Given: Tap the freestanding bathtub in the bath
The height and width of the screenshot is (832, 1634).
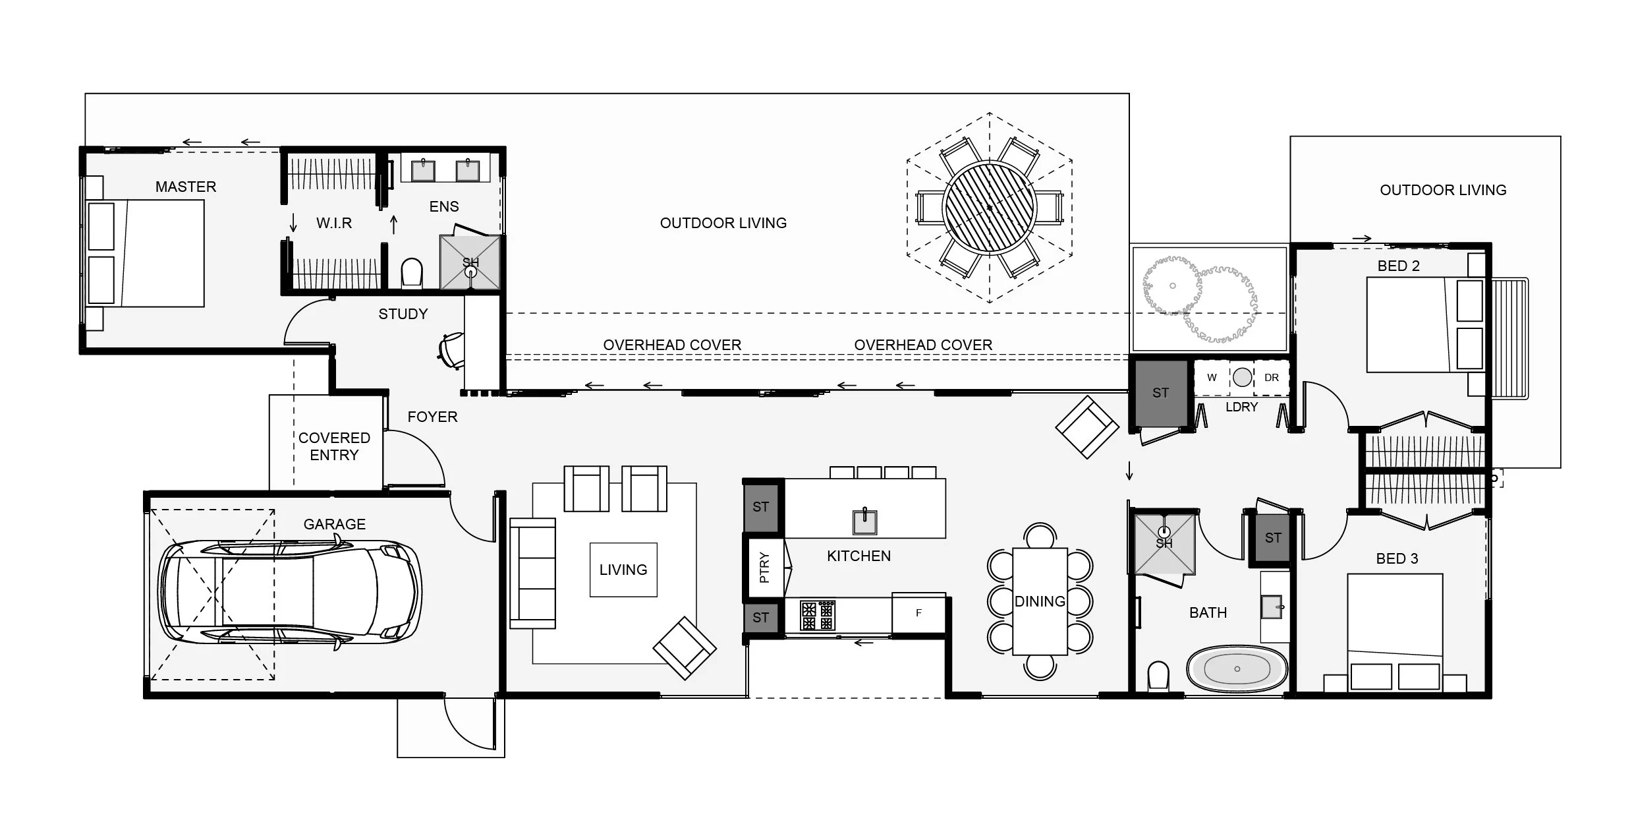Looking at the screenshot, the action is click(1237, 669).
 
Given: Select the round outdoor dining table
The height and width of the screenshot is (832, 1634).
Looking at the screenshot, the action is click(990, 207).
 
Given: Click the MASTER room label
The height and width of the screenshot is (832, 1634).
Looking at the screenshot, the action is click(186, 187).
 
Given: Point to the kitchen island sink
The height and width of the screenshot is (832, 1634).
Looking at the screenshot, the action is click(864, 521).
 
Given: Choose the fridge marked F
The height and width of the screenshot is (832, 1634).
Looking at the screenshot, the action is click(918, 613).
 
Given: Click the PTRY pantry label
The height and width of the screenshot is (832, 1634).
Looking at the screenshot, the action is click(764, 567).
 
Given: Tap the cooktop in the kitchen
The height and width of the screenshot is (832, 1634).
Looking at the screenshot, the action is click(818, 615).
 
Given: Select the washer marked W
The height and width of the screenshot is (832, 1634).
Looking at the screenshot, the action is click(1212, 378).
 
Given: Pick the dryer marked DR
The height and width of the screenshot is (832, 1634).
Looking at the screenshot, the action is click(1272, 378).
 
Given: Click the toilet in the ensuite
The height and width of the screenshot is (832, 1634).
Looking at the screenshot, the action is click(412, 273).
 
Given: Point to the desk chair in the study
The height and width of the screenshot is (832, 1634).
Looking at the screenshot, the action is click(451, 349).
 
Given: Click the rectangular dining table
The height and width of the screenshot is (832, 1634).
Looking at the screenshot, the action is click(1040, 601).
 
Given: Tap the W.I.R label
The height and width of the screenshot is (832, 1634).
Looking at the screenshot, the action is click(334, 223).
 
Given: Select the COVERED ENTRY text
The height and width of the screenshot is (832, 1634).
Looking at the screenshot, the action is click(334, 446).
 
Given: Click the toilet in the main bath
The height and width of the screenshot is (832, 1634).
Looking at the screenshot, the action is click(1158, 676).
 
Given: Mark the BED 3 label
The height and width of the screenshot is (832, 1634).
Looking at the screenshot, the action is click(1397, 558).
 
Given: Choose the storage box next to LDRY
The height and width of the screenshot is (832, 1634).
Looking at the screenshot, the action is click(1161, 393).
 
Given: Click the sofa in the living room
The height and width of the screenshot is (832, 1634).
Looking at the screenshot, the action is click(532, 573).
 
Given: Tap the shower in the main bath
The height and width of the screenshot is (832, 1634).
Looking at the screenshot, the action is click(1164, 545).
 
